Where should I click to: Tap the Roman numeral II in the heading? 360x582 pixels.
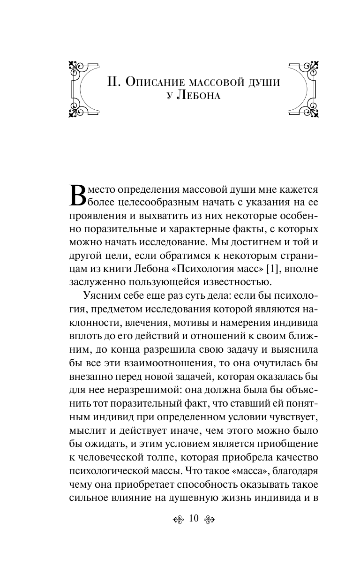click(114, 82)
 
